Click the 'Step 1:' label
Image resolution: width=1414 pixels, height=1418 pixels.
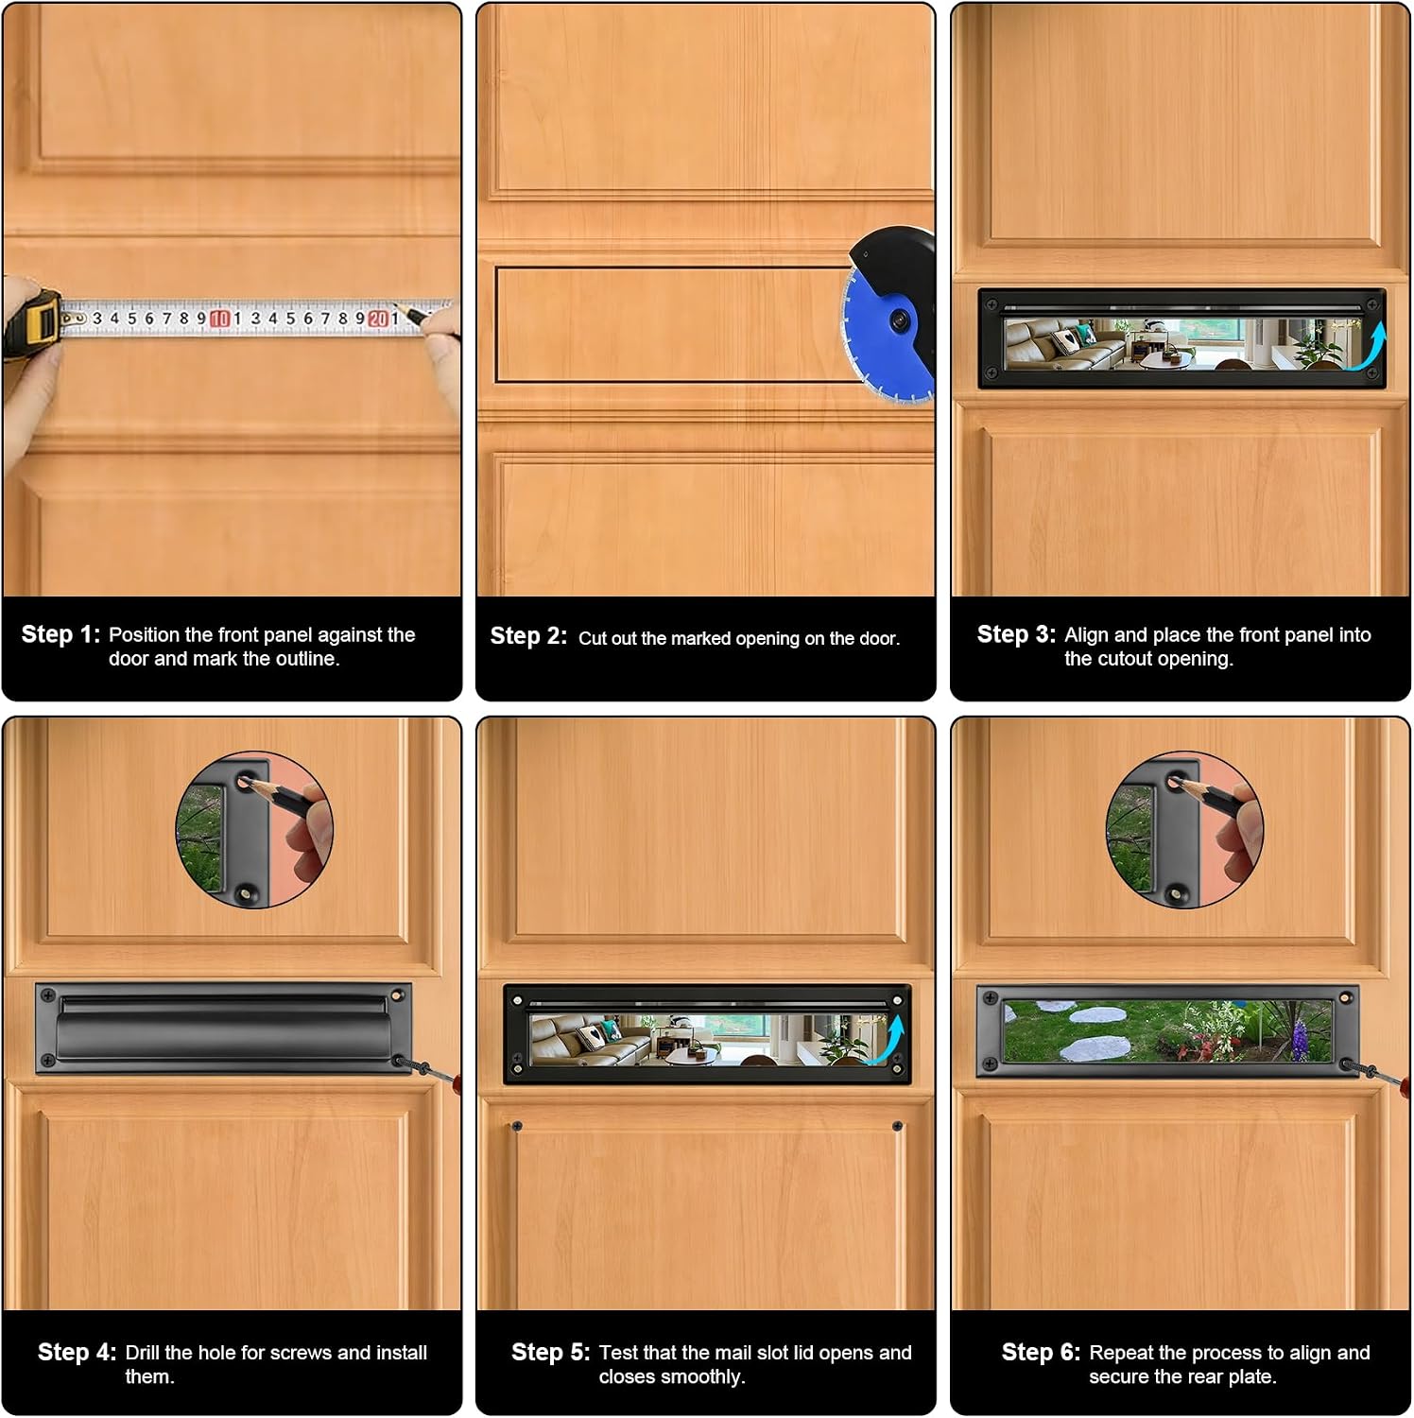pos(60,634)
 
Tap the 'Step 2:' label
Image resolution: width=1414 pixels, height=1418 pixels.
pos(528,636)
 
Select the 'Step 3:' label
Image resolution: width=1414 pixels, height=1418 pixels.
pos(1016,634)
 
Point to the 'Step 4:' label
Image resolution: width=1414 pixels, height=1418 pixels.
pos(77,1353)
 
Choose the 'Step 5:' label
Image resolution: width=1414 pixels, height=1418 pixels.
pos(550,1353)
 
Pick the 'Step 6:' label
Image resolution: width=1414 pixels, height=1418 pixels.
pos(1041,1353)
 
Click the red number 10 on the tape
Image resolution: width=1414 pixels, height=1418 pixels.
pos(219,319)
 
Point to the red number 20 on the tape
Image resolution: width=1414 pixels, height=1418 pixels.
pos(378,319)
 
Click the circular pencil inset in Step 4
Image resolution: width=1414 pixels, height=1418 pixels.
pos(254,830)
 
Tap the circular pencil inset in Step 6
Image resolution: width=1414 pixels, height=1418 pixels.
pos(1184,830)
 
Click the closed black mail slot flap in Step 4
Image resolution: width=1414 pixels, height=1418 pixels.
pos(223,1028)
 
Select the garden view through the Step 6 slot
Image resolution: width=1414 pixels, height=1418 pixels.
pos(1168,1030)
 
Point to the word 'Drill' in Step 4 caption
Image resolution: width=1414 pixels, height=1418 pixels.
pos(142,1353)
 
